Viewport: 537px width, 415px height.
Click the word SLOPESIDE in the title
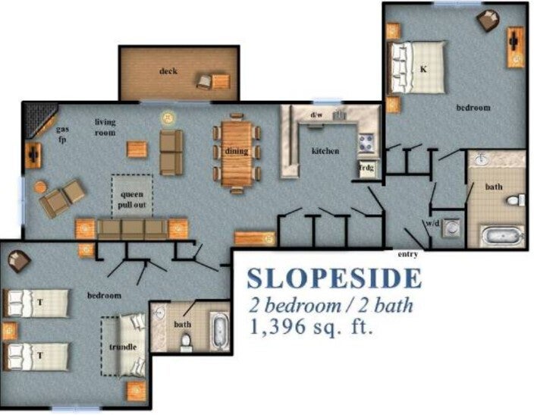pos(334,278)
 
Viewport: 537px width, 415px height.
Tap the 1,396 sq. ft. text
pos(311,326)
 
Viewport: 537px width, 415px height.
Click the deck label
pos(168,71)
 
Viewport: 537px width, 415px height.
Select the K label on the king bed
pos(423,69)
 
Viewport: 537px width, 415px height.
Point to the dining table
pos(237,153)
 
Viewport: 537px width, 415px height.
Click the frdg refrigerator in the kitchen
pos(367,168)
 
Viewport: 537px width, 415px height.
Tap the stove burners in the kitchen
pos(366,143)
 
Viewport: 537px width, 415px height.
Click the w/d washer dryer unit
pos(451,227)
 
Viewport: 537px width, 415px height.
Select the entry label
pos(408,254)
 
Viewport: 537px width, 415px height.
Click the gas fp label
pos(62,134)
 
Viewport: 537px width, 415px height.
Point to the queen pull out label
pos(132,200)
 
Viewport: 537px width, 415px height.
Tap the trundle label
pos(123,347)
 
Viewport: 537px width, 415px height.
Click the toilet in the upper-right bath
pos(516,200)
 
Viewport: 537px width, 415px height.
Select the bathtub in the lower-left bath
pos(221,332)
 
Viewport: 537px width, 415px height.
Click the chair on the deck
pos(204,82)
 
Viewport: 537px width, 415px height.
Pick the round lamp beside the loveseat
pos(168,118)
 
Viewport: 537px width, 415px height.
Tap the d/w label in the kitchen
pos(316,115)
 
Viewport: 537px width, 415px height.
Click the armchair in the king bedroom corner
pos(488,20)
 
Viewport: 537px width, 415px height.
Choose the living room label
pos(105,127)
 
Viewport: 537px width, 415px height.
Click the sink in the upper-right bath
pos(482,159)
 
